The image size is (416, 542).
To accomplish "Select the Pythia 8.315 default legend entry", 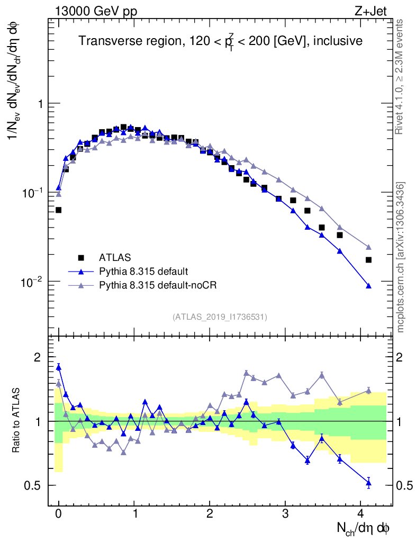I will point(143,272).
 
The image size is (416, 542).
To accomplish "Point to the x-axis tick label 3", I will point(285,513).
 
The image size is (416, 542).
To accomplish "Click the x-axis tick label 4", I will point(361,513).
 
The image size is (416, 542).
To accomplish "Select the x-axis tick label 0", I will point(58,513).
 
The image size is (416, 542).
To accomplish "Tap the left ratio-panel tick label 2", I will point(37,358).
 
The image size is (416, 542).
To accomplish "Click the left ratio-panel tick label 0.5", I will point(33,485).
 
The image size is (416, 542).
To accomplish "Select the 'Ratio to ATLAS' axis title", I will point(17,421).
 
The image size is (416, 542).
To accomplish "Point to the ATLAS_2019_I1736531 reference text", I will point(220,317).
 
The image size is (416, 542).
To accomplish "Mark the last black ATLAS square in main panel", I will point(368,259).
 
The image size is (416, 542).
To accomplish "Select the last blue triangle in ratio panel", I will point(368,482).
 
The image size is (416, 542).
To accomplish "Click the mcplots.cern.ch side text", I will point(401,257).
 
